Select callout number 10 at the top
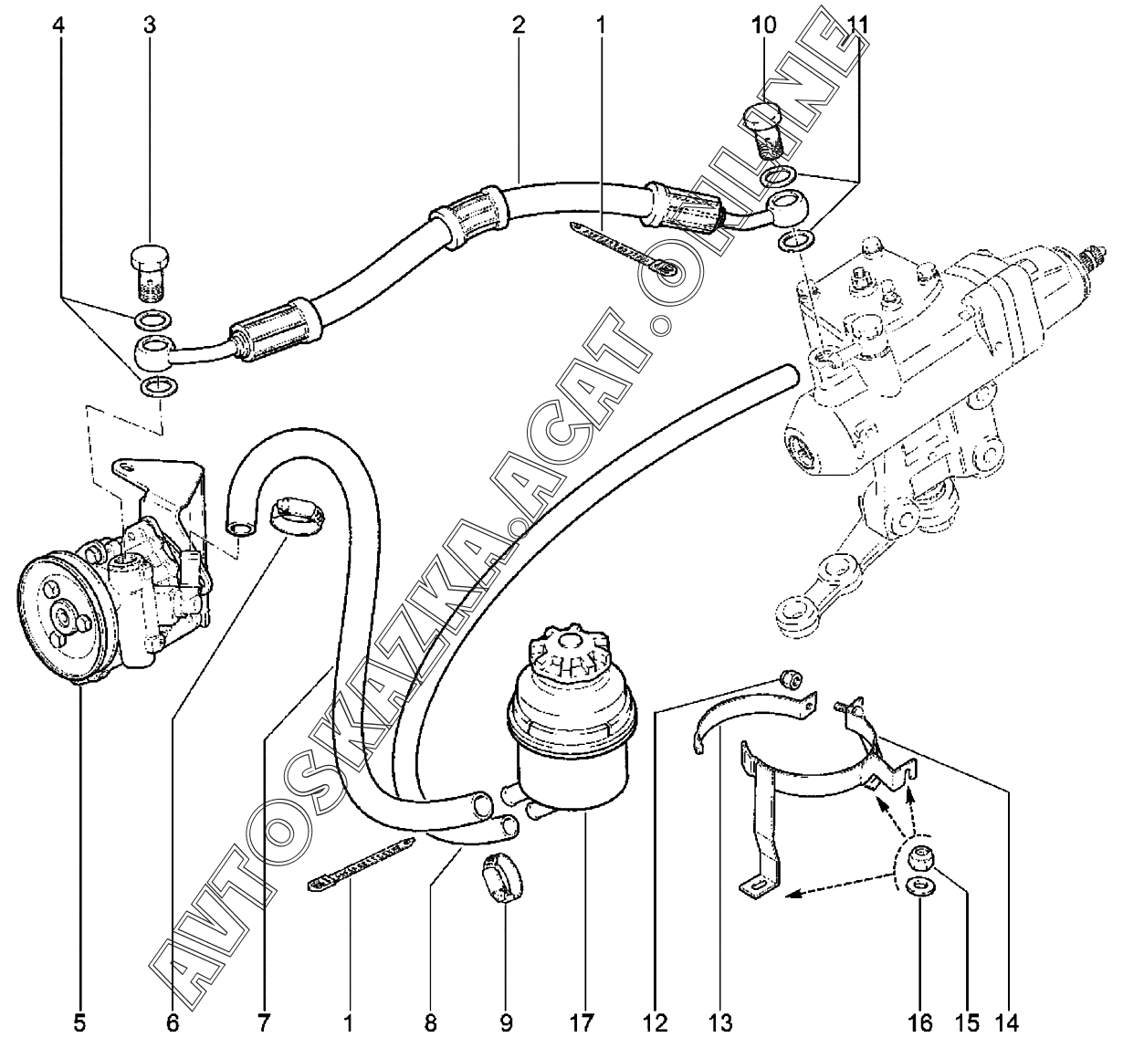(x=764, y=25)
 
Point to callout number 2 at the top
(x=519, y=25)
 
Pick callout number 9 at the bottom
(x=506, y=1020)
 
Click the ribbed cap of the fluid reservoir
(x=568, y=652)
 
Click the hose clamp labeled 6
(x=292, y=515)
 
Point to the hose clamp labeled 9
(x=499, y=875)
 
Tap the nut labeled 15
(x=918, y=857)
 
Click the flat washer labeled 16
(x=918, y=886)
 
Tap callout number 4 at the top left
(x=60, y=25)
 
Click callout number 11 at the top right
(x=855, y=25)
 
